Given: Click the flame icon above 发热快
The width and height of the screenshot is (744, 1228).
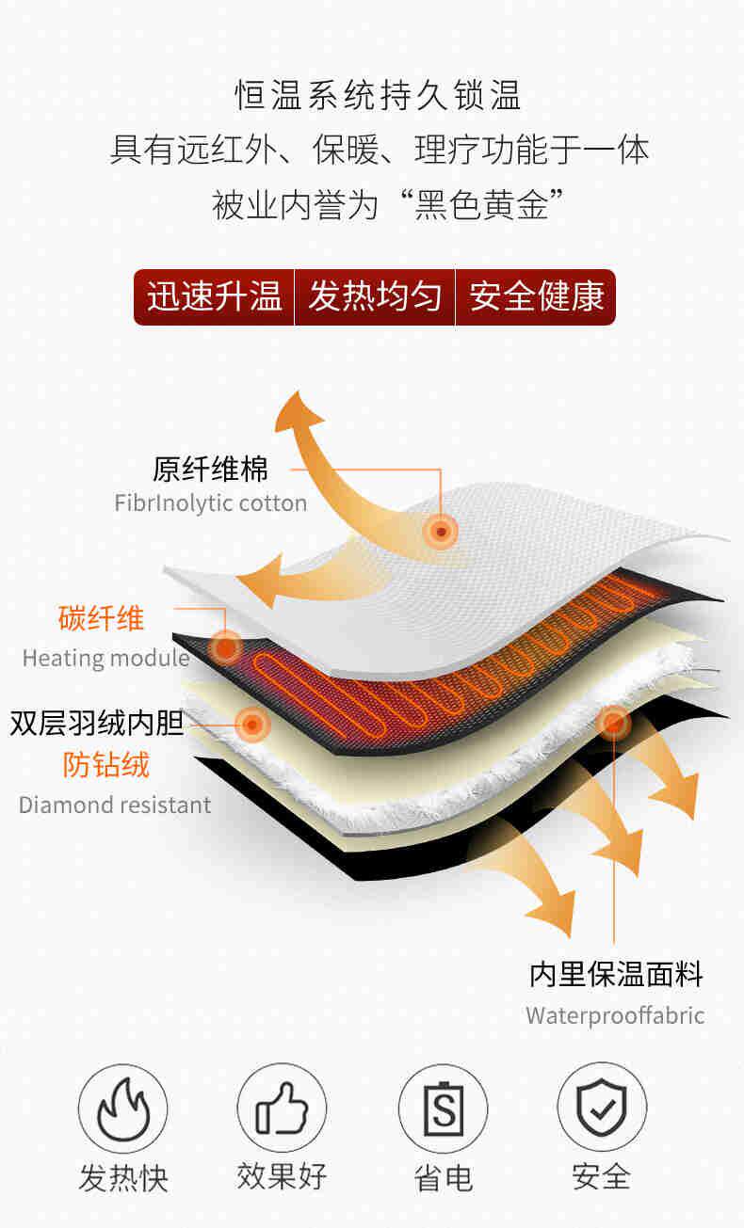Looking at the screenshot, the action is (122, 1108).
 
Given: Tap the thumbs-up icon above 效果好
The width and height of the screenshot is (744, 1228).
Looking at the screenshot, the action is (282, 1108).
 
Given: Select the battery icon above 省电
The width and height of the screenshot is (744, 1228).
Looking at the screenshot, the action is (443, 1108).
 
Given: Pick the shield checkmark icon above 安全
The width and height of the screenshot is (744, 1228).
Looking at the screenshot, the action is (602, 1108).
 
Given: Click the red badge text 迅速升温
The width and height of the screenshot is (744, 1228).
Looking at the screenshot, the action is (215, 297).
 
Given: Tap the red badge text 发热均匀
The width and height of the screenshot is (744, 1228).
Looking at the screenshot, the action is (375, 297).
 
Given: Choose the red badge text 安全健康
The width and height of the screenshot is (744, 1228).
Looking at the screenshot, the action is (536, 297).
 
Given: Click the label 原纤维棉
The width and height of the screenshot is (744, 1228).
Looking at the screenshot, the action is (211, 468).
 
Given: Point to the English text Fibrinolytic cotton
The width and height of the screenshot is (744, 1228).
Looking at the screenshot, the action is (211, 502).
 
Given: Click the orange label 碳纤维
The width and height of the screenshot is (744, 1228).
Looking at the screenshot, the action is (102, 618).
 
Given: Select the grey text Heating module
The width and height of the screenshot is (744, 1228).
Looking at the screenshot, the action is (106, 657).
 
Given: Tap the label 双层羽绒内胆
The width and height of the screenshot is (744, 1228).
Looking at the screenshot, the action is (97, 723).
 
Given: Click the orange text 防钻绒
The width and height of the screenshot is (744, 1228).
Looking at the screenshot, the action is (106, 764).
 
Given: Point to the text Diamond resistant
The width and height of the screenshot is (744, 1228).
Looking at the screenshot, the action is (115, 805).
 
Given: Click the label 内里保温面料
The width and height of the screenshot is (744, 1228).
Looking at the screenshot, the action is (616, 974).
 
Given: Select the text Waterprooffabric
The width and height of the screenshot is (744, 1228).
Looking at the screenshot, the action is (615, 1015).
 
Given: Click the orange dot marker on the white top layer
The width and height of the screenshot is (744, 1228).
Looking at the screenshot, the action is (440, 533).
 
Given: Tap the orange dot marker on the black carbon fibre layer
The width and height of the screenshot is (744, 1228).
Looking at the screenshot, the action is (225, 646).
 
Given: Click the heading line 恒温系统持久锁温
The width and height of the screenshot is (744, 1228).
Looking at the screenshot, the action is (378, 96).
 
